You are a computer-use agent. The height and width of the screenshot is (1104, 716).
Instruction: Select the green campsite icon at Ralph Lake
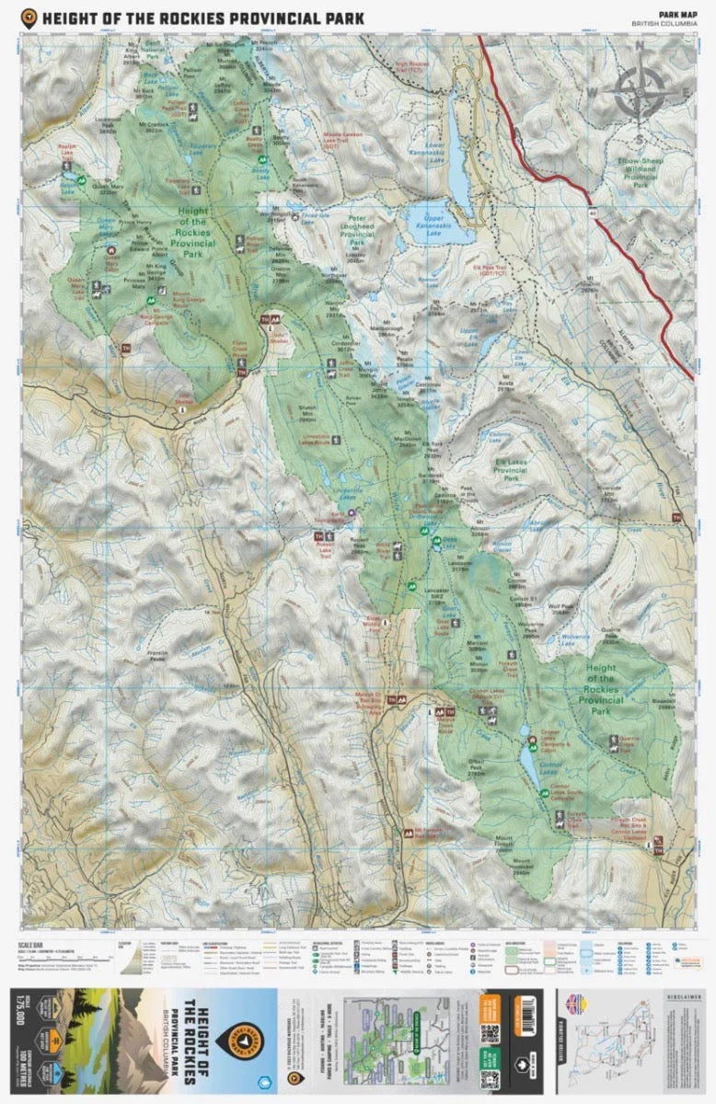pyautogui.click(x=82, y=180)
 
